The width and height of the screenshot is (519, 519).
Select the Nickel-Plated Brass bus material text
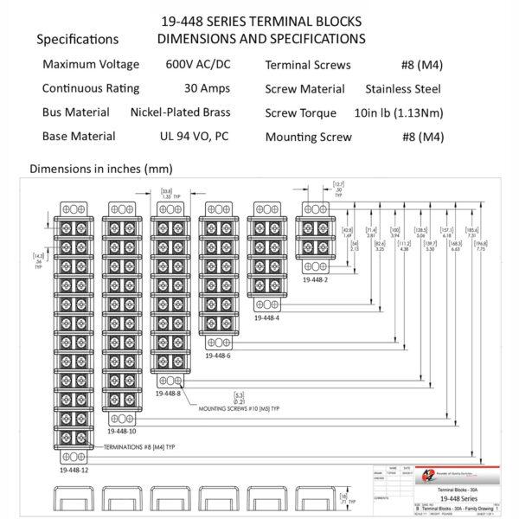(183, 112)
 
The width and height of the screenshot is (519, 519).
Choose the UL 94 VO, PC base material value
(194, 136)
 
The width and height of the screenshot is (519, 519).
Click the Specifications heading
(79, 39)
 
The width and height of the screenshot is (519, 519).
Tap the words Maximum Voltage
(91, 65)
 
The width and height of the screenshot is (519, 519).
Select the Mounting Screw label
(309, 136)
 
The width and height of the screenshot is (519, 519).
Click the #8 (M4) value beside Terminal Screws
(421, 65)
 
